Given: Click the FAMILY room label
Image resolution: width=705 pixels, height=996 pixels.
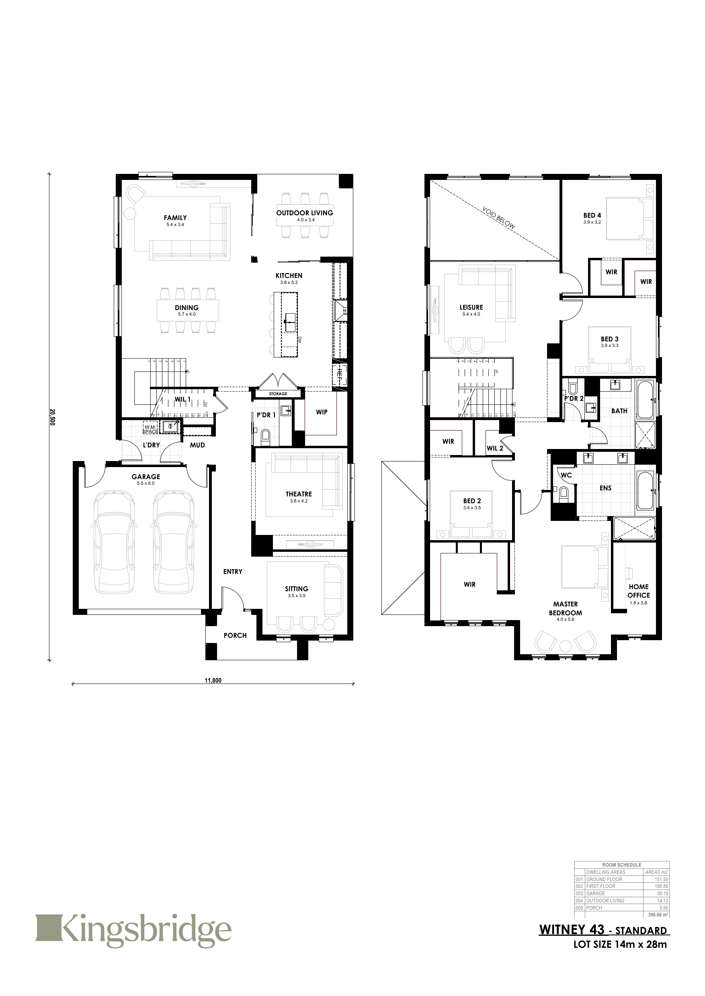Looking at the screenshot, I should (x=175, y=218).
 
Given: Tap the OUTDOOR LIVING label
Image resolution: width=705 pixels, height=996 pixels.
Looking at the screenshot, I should (x=304, y=213).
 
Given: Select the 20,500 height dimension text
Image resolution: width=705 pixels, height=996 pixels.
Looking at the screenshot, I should (x=52, y=417).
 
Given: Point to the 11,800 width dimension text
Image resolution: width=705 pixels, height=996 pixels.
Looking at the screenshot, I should (x=213, y=680).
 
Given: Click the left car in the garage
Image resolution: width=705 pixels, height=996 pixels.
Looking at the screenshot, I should (x=114, y=542).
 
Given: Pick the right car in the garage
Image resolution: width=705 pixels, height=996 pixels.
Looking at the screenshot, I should (x=173, y=542).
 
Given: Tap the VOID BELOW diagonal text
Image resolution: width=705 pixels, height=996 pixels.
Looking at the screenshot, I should (x=499, y=218).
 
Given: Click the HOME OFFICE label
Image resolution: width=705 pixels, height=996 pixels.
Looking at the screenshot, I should (x=638, y=591).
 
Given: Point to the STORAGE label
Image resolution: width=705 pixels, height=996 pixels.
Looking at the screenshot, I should (x=278, y=394).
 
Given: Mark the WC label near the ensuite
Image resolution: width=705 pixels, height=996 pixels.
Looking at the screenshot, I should (x=566, y=475).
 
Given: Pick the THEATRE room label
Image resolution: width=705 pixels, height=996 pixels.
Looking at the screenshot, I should (x=299, y=494).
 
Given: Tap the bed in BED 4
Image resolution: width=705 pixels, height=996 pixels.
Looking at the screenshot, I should (x=624, y=218).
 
